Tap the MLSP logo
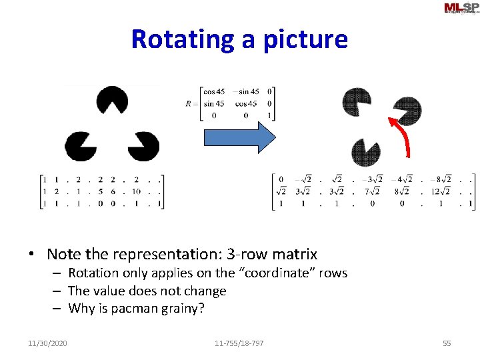(460, 8)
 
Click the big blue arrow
(239, 138)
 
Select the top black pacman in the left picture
(112, 101)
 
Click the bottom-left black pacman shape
(80, 146)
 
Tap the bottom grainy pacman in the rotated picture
(365, 152)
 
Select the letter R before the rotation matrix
(189, 103)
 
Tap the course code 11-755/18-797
(239, 343)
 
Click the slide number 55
(447, 343)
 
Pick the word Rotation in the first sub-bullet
(93, 273)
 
